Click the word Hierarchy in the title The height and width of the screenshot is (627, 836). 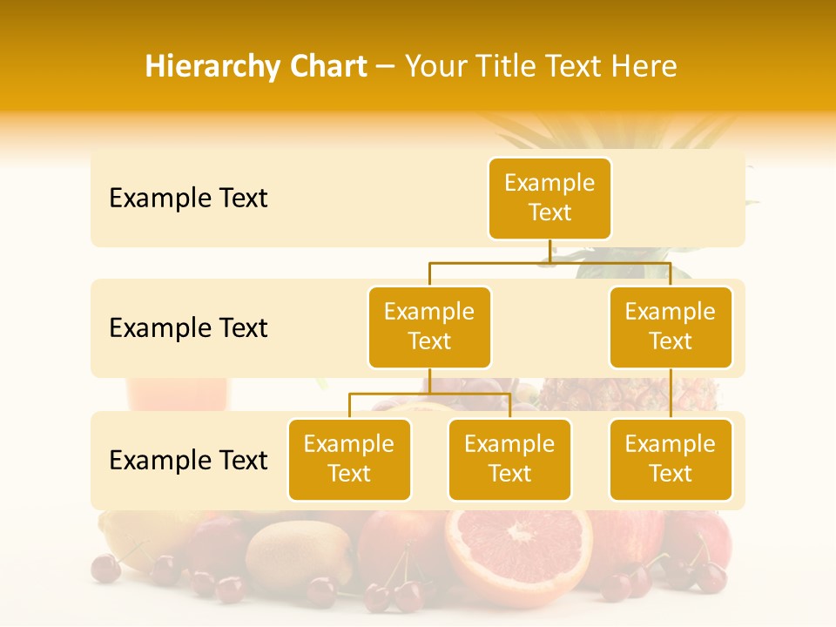click(x=194, y=67)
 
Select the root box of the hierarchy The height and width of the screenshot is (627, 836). click(x=549, y=198)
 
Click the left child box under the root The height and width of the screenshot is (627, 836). click(x=429, y=327)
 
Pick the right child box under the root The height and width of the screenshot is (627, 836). click(x=671, y=327)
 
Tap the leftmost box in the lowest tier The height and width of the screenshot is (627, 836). click(x=349, y=459)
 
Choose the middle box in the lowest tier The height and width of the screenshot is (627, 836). click(x=509, y=459)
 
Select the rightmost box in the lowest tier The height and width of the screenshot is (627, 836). click(x=671, y=459)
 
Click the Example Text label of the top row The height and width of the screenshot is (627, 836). click(x=188, y=199)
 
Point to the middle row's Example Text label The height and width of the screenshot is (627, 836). click(x=188, y=328)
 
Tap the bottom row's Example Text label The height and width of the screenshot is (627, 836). click(x=188, y=461)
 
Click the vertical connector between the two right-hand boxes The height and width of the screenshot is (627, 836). click(x=671, y=394)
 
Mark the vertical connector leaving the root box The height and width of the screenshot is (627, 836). click(x=549, y=251)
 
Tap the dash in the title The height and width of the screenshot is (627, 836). click(x=386, y=67)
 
